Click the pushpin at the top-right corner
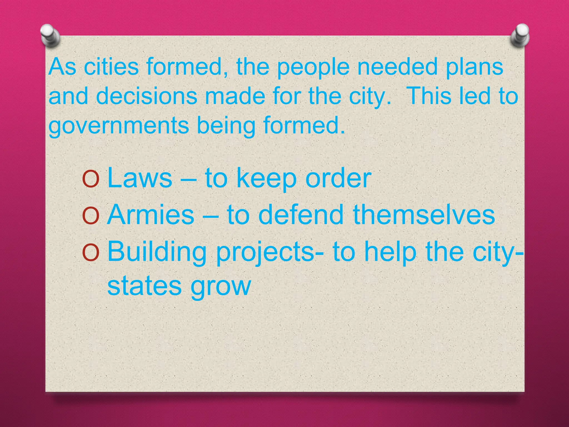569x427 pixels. click(x=520, y=35)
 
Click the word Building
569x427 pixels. click(x=157, y=252)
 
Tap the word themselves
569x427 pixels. click(x=424, y=215)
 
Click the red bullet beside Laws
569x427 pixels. click(x=91, y=179)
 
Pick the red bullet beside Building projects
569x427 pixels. click(x=91, y=253)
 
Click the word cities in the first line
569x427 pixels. click(x=111, y=66)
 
